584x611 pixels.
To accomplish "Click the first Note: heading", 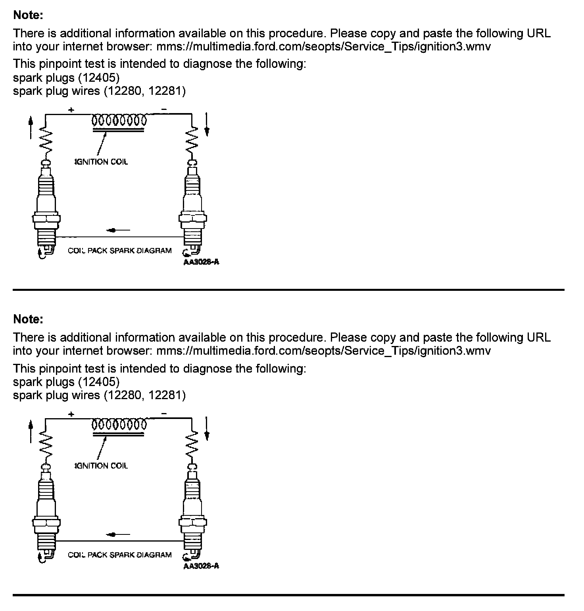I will [28, 15].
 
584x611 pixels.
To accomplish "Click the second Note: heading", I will [28, 319].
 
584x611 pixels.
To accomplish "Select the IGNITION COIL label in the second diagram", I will [102, 466].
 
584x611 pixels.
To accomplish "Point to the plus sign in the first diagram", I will [71, 110].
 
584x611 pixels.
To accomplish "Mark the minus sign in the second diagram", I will [164, 414].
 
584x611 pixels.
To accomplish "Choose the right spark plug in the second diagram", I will [193, 512].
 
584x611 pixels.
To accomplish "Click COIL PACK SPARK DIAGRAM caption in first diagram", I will [120, 251].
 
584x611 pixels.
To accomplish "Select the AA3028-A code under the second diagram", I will [201, 566].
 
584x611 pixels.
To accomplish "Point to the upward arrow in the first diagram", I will [31, 127].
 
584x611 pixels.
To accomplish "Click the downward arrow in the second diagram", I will [207, 429].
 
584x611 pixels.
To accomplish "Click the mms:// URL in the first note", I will [323, 47].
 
